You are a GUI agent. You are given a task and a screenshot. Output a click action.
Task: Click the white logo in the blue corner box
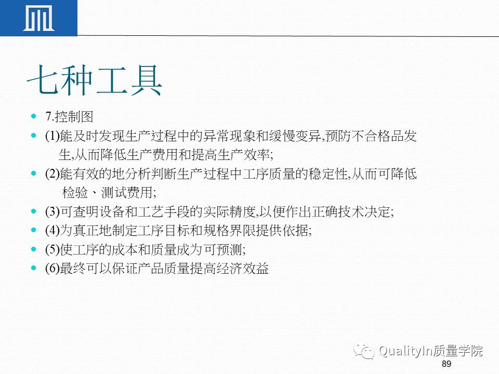38,18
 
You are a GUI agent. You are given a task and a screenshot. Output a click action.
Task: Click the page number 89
446,364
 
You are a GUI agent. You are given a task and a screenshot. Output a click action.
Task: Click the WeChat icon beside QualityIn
364,352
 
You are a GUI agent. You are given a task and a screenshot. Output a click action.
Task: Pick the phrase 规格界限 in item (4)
229,231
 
